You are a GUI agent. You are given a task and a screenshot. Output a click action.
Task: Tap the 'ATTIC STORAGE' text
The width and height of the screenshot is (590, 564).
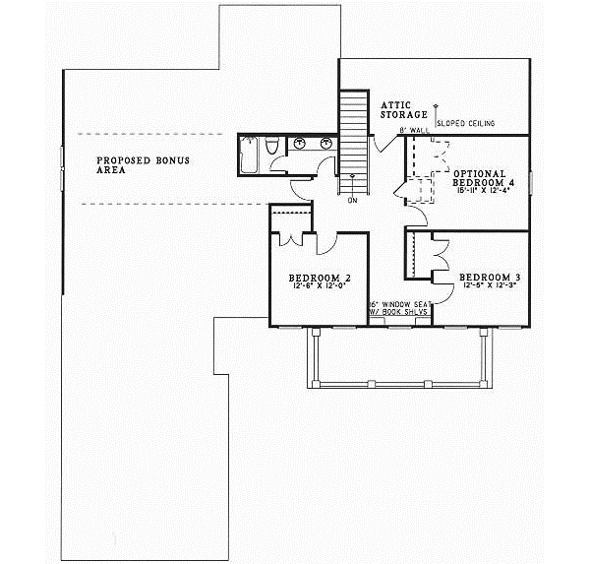(397, 109)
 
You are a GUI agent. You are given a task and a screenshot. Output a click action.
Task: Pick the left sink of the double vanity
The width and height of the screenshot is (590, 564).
(300, 144)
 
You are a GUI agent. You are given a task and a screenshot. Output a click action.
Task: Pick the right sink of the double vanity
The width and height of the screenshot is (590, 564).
(323, 144)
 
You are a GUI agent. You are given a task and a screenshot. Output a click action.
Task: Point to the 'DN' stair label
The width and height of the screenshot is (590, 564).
(351, 200)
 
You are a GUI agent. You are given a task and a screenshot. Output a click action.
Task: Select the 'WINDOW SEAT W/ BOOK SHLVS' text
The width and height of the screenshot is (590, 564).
(400, 308)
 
